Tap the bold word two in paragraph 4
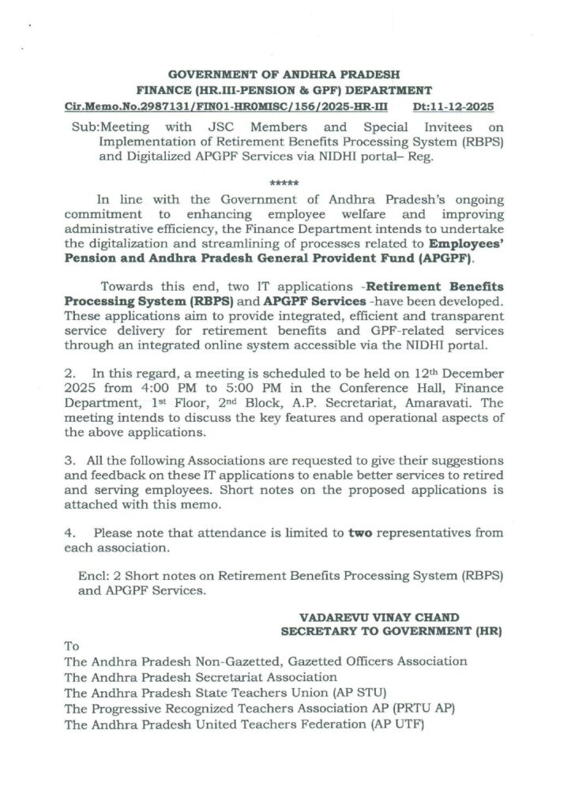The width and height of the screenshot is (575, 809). (361, 532)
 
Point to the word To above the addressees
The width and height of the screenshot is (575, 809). (73, 646)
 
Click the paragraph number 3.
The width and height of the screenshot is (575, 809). (70, 460)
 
